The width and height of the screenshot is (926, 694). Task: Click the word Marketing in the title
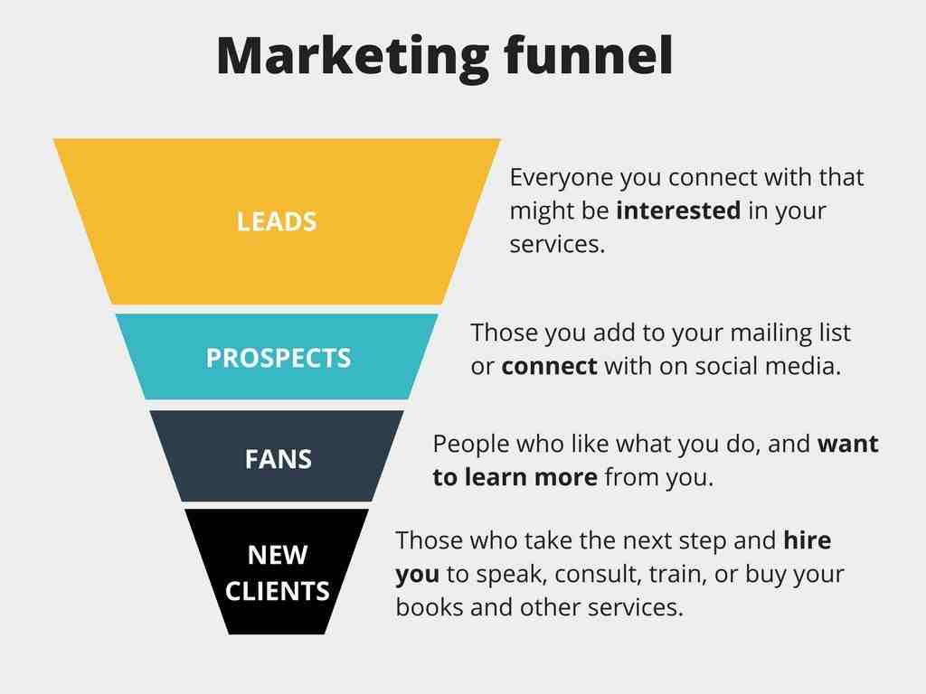tap(353, 57)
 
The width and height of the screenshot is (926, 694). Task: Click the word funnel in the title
tap(588, 54)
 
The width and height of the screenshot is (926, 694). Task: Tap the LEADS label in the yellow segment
tap(277, 222)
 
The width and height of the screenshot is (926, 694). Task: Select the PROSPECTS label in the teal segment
tap(279, 358)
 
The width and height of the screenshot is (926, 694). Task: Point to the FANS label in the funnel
tap(279, 460)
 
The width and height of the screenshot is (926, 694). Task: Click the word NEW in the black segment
tap(278, 555)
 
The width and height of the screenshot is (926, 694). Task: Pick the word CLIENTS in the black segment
tap(277, 591)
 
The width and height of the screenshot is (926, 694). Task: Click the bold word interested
tap(678, 211)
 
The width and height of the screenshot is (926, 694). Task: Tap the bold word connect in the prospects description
tap(549, 367)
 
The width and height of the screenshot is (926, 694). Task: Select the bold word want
tap(848, 444)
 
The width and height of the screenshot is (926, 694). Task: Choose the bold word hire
tap(808, 540)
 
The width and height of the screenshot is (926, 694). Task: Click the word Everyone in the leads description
tap(561, 178)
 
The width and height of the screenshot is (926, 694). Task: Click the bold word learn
tap(496, 477)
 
